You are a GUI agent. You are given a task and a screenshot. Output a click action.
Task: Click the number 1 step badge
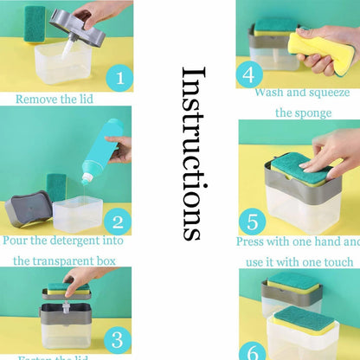(x=119, y=80)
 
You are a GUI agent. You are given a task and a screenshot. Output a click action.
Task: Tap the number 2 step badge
(x=119, y=221)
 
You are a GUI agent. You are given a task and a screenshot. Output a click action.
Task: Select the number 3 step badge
(x=119, y=338)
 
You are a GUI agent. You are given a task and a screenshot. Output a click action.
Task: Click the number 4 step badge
(x=249, y=74)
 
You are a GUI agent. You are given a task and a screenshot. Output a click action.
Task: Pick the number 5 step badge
(x=253, y=221)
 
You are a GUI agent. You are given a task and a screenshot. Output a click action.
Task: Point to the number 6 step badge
(x=251, y=350)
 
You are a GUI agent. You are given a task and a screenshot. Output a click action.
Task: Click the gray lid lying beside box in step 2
(x=29, y=211)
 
